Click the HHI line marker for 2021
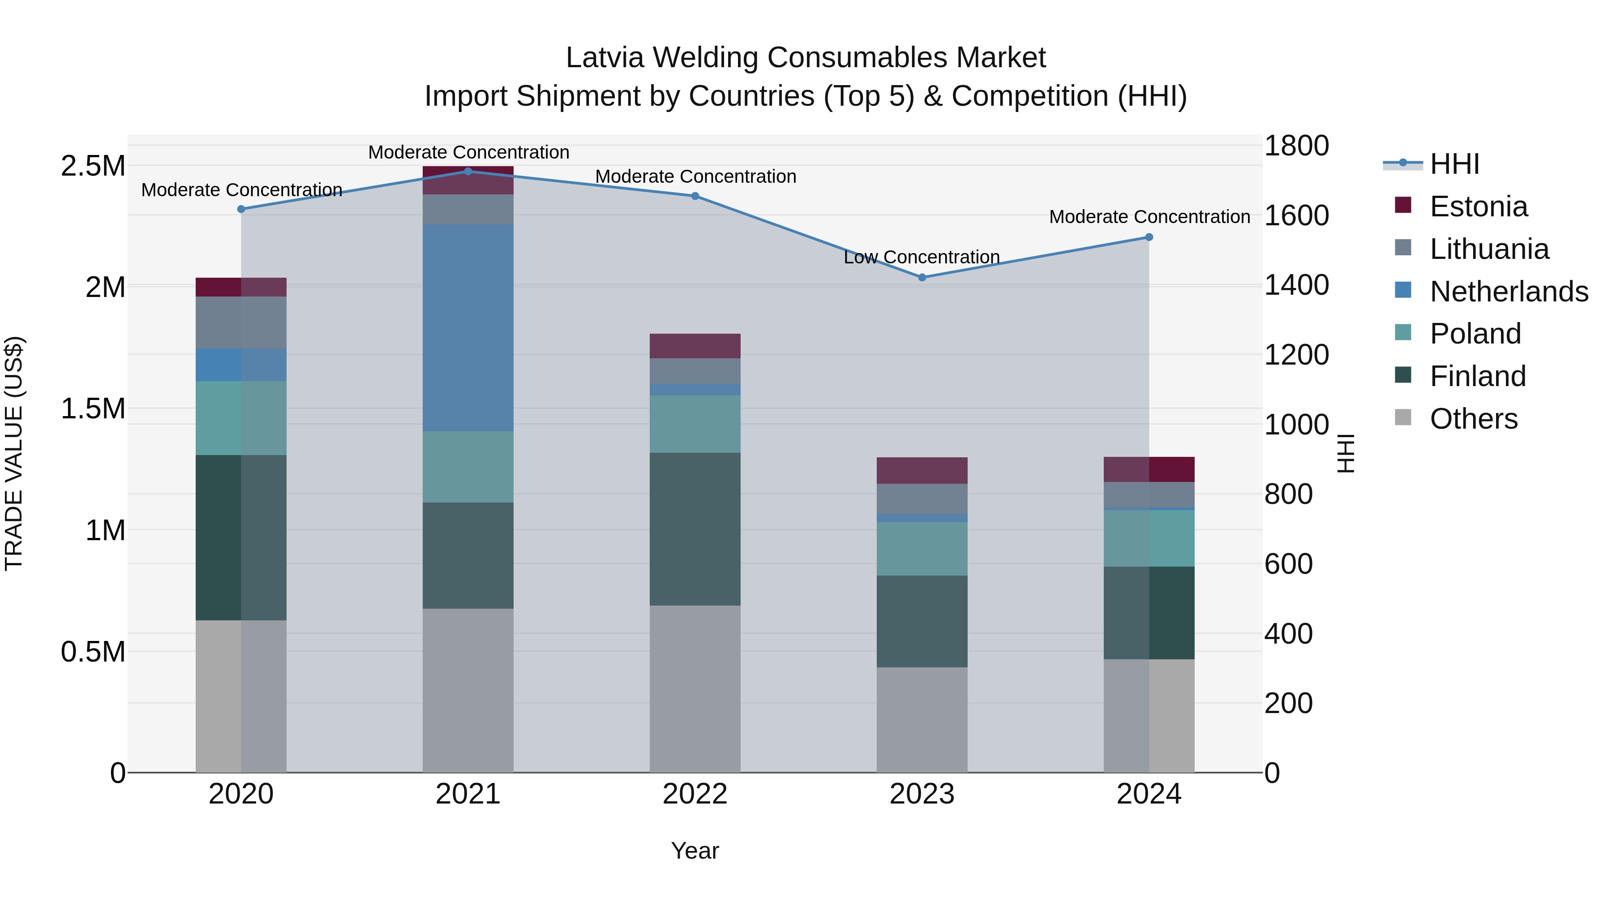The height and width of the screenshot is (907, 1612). pyautogui.click(x=467, y=171)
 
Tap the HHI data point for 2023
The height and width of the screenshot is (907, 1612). pyautogui.click(x=922, y=277)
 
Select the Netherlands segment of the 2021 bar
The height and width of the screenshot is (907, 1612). pyautogui.click(x=467, y=327)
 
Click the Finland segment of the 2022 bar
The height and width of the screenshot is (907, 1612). pyautogui.click(x=695, y=529)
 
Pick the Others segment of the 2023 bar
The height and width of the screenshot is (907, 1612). pyautogui.click(x=922, y=719)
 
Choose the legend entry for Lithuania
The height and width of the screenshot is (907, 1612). pyautogui.click(x=1489, y=249)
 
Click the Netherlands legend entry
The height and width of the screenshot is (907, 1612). pyautogui.click(x=1509, y=292)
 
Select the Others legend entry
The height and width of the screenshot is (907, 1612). pyautogui.click(x=1473, y=419)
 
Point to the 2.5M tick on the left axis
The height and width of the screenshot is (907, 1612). pyautogui.click(x=93, y=167)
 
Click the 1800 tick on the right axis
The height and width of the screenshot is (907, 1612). pyautogui.click(x=1296, y=146)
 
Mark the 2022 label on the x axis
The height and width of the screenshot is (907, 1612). pyautogui.click(x=695, y=794)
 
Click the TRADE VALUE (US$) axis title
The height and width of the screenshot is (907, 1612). pyautogui.click(x=14, y=453)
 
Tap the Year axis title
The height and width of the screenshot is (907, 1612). pyautogui.click(x=695, y=851)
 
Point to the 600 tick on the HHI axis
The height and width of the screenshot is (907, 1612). pyautogui.click(x=1288, y=564)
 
